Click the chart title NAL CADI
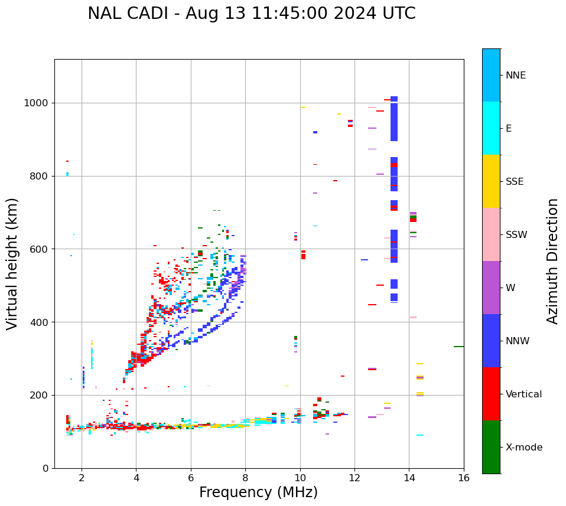coord(251,14)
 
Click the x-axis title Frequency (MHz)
coord(258,492)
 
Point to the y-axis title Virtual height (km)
coord(12,263)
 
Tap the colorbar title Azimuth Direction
coord(552,261)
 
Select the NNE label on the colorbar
coord(515,76)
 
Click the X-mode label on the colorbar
coord(523,448)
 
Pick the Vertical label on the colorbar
coord(523,394)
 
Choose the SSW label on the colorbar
coord(516,235)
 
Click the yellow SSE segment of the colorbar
coord(491,181)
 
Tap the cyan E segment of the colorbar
coord(491,128)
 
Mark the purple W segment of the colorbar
coord(491,288)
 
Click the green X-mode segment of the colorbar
coord(491,447)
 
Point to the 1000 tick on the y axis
coord(38,103)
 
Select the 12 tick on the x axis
coord(354,478)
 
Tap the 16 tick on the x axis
coord(464,478)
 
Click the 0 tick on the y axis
coord(46,468)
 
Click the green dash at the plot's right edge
coord(458,347)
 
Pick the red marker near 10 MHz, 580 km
coord(303,255)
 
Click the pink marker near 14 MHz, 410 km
coord(413,318)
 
